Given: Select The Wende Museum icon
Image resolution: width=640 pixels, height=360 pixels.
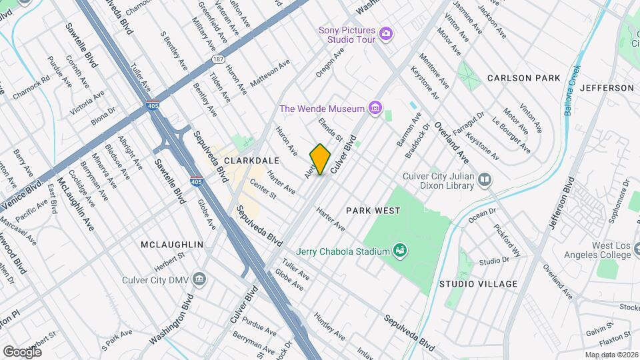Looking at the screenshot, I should coord(375,108).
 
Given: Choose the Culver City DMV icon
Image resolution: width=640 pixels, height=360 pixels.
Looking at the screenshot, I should coord(199,280).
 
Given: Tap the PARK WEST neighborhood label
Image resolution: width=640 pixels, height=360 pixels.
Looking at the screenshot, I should coord(373,211).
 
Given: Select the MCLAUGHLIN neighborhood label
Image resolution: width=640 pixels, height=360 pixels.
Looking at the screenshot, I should coord(171,245).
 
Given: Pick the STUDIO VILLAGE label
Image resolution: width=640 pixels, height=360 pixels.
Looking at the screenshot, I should coord(478,284).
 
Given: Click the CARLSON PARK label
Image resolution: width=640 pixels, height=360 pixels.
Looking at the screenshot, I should coord(523,78).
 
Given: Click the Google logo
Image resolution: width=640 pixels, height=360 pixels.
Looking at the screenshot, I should coord(22,351).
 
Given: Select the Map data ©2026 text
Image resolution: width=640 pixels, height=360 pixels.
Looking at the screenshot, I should coord(611,355).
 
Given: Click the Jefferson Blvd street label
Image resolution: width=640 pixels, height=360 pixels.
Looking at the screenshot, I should coord(559,203).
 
